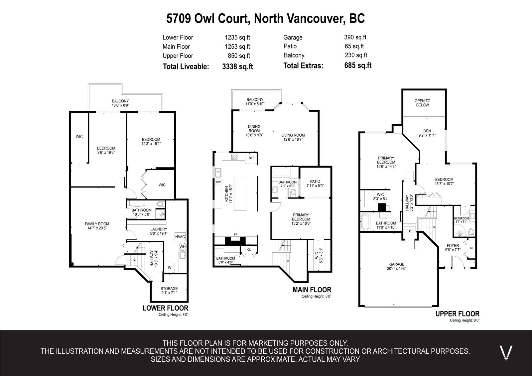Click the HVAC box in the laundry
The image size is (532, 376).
coord(180,237)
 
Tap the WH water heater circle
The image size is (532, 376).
coord(183,247)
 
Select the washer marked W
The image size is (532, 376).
coord(170,267)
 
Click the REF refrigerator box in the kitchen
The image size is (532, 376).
coord(251,158)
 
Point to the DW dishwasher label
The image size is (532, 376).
coord(218,182)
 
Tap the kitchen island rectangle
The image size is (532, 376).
coord(240,193)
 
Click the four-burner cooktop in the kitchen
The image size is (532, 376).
coord(234,156)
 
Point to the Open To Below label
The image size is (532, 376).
coord(423,103)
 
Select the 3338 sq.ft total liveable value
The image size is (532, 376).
coord(237,66)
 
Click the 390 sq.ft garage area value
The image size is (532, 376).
coord(355,37)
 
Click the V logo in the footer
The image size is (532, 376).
coord(506,353)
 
